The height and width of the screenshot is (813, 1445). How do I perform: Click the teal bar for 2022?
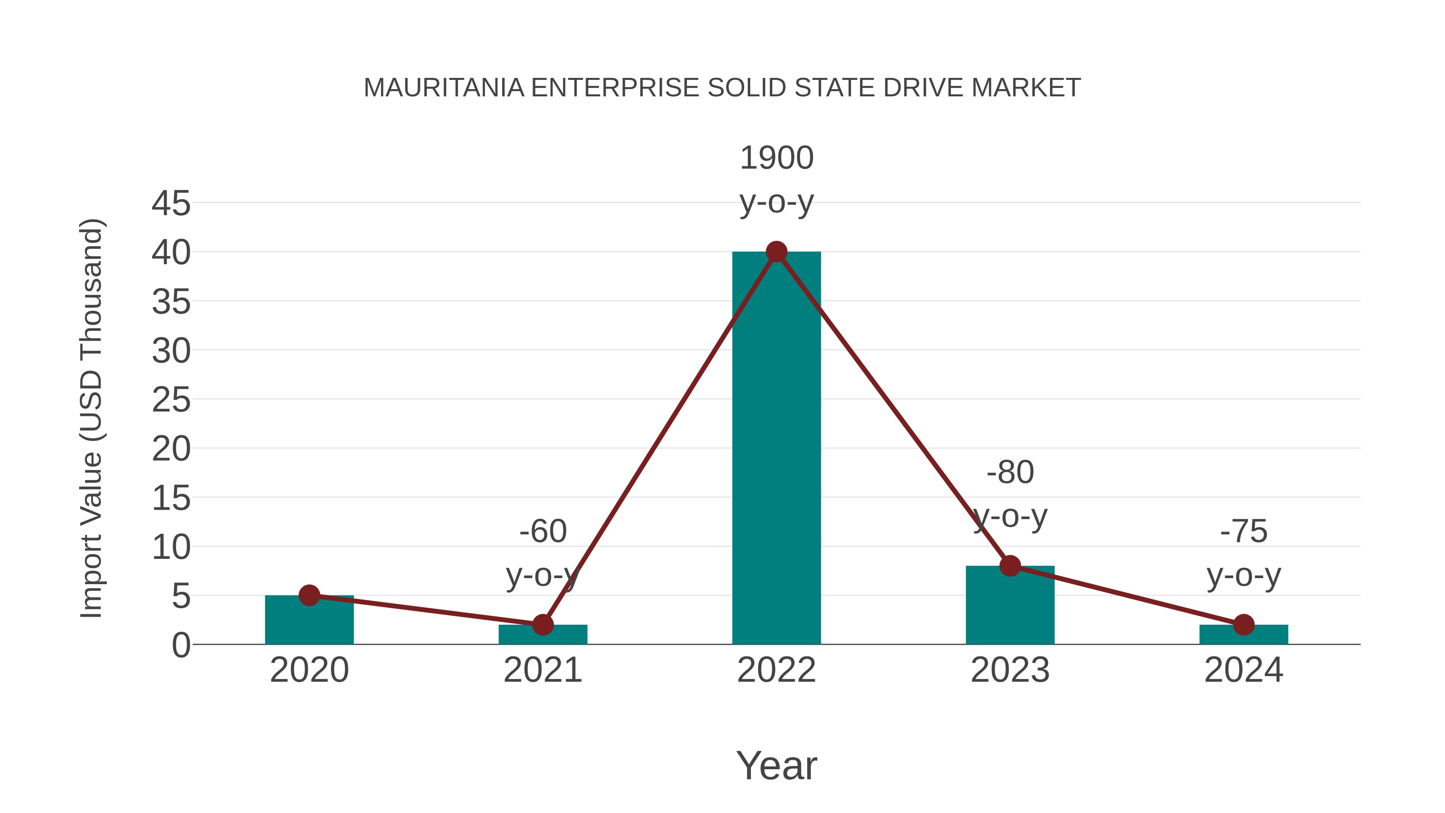pos(776,449)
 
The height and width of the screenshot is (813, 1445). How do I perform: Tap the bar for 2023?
pos(1010,606)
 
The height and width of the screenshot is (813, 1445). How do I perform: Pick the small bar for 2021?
pos(542,635)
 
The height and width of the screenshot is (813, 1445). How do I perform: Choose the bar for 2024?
pos(1244,635)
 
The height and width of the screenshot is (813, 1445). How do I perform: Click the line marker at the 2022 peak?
pos(776,252)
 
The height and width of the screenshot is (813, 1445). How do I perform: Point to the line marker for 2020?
pos(309,595)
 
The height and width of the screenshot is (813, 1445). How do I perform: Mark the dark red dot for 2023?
pos(1010,566)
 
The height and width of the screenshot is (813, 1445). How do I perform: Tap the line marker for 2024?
pos(1244,624)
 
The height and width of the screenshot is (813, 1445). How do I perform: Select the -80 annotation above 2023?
pos(1010,473)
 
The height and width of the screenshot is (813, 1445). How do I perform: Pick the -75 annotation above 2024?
pos(1244,531)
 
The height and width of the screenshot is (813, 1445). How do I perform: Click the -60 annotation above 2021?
pos(542,531)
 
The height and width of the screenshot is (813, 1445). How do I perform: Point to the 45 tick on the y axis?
pos(171,203)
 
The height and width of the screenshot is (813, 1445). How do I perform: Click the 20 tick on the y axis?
pos(171,449)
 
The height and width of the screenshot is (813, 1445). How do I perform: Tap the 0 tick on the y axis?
pos(181,645)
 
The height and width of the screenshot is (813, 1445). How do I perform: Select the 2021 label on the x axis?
pos(542,670)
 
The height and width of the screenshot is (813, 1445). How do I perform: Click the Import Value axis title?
pos(91,418)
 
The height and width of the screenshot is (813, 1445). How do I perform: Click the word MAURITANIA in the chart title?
pos(444,88)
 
